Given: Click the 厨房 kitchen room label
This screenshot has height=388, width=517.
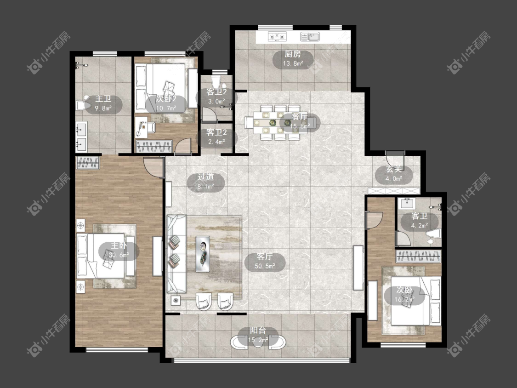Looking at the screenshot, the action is [293, 54].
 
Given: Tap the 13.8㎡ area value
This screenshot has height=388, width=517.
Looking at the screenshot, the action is [293, 63].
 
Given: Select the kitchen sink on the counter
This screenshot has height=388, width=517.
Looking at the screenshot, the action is [310, 36].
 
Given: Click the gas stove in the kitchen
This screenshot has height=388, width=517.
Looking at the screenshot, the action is [277, 36].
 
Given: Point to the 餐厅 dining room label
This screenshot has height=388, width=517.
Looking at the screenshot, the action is [300, 117].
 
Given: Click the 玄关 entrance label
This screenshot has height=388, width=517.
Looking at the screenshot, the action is [394, 169].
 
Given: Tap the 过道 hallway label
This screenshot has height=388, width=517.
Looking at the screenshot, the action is [206, 177].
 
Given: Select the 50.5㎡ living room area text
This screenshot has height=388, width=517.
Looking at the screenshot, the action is [265, 266].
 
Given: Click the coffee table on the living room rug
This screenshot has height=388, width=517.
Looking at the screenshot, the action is [203, 253].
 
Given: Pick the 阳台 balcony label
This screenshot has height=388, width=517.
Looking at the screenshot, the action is [258, 330].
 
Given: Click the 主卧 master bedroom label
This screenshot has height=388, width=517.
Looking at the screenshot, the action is [119, 245].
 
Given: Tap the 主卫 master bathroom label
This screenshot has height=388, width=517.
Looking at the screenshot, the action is [103, 99].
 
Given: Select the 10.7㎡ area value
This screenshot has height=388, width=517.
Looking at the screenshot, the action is [166, 108].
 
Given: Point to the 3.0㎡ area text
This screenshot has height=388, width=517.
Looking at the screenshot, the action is [216, 101].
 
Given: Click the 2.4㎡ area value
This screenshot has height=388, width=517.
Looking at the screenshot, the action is [216, 142].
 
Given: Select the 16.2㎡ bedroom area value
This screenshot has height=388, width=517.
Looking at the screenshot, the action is [404, 300].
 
